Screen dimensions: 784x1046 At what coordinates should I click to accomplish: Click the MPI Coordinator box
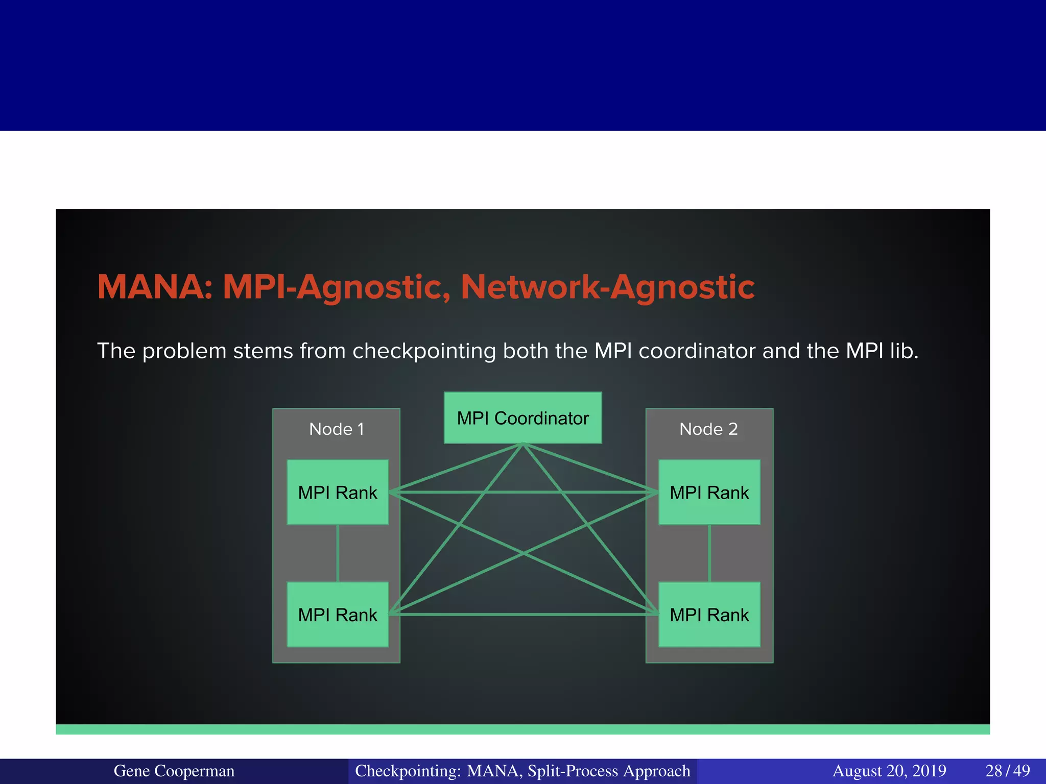click(x=522, y=418)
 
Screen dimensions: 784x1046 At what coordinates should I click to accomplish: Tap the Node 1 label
click(x=337, y=429)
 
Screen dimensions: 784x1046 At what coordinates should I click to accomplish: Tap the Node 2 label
click(x=708, y=429)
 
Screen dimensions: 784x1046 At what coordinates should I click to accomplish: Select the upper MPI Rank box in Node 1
click(x=338, y=493)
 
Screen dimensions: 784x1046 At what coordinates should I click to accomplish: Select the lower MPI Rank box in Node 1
click(x=338, y=615)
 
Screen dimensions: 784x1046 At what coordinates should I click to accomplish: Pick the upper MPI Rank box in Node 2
click(x=709, y=493)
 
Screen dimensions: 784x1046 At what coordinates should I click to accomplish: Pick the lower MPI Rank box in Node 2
click(x=709, y=615)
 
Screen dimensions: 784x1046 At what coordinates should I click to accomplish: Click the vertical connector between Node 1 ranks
click(x=338, y=553)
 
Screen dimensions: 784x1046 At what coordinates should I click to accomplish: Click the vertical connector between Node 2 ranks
click(x=709, y=553)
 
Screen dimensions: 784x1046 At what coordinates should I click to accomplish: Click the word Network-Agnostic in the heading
click(x=607, y=287)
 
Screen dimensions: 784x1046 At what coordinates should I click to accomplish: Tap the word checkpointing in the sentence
click(x=423, y=352)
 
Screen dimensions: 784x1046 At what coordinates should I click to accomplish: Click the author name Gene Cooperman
click(x=174, y=771)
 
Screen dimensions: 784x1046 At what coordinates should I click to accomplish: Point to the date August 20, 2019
click(x=889, y=771)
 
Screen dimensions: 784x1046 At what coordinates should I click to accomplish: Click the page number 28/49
click(x=1008, y=771)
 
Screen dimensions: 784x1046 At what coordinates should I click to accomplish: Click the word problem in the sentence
click(x=184, y=352)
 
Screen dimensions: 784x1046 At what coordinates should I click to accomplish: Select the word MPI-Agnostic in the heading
click(x=337, y=287)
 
